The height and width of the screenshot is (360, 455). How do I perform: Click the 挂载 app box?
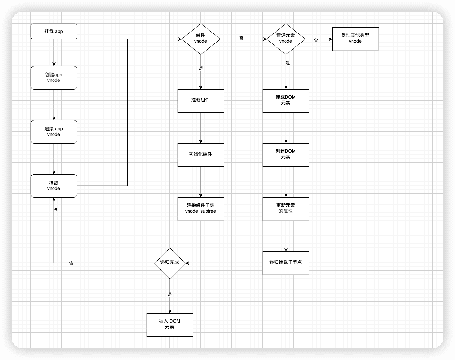[x=54, y=31]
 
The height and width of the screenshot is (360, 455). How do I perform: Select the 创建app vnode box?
[x=54, y=78]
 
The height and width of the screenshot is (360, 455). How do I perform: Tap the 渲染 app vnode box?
[x=54, y=132]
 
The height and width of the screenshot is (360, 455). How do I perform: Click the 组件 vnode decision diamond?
[x=201, y=39]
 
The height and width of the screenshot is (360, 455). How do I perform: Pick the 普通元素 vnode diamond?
[x=286, y=39]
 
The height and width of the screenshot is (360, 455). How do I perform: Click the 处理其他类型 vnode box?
[x=355, y=39]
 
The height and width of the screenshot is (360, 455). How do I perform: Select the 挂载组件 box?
[x=201, y=101]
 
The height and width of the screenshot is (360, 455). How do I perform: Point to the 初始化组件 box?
[x=201, y=155]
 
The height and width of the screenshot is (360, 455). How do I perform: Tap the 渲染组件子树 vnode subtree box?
[x=201, y=209]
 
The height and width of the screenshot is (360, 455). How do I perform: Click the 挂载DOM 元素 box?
[x=286, y=101]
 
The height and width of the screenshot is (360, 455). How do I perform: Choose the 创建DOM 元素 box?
[x=286, y=155]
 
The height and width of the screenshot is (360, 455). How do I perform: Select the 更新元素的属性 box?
[x=286, y=209]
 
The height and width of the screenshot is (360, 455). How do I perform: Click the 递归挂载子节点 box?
[x=286, y=263]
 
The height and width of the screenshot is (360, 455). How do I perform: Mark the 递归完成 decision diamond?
[x=170, y=263]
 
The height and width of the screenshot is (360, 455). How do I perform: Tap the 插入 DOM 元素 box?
[x=170, y=325]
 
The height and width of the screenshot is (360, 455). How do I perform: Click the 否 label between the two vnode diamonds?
[x=241, y=38]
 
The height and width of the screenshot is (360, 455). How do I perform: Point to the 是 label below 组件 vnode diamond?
[x=201, y=68]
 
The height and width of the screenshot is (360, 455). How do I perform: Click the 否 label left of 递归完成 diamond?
[x=71, y=263]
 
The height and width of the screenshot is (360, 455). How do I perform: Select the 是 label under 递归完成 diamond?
[x=170, y=294]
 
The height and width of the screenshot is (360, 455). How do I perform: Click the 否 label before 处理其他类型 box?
[x=316, y=40]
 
